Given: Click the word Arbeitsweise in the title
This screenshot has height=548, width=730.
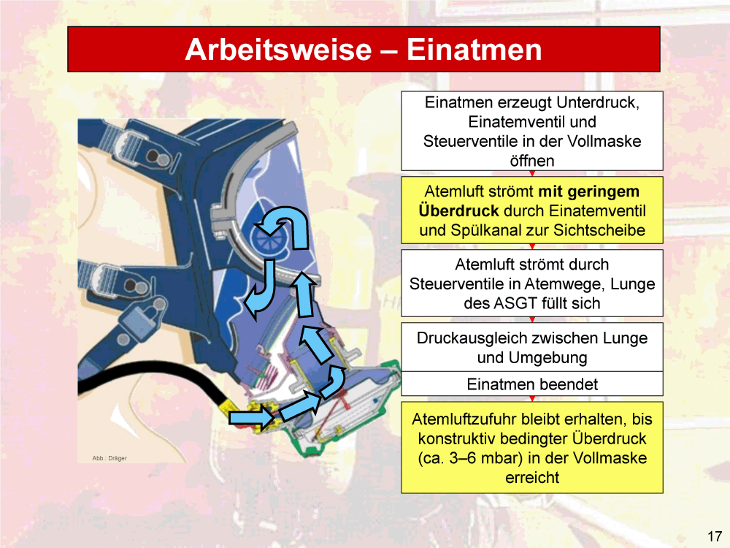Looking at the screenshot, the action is click(278, 50).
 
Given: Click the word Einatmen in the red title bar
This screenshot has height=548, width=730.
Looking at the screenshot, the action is click(474, 50).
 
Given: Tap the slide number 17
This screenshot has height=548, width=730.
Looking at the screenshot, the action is click(715, 536).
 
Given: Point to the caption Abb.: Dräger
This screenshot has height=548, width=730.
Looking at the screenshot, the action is click(109, 458).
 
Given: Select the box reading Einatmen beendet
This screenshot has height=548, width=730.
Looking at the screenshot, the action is click(532, 384).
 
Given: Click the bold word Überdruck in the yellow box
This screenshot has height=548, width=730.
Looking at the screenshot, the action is click(458, 210).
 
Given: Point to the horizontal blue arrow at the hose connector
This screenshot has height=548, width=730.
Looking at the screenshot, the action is click(251, 416).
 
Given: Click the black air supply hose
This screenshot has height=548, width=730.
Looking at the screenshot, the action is click(153, 371).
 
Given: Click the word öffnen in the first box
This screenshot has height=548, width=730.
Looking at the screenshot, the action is click(532, 161).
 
